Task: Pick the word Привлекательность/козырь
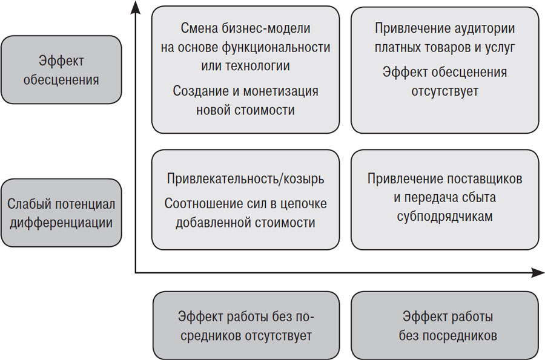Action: click(x=245, y=179)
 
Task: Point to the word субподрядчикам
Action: click(x=444, y=216)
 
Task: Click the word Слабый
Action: click(x=28, y=203)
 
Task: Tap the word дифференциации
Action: click(x=60, y=222)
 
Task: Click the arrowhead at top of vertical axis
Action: click(x=136, y=8)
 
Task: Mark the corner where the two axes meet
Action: click(x=136, y=273)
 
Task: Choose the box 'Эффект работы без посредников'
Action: click(x=444, y=326)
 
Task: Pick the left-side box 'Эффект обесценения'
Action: click(x=61, y=70)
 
